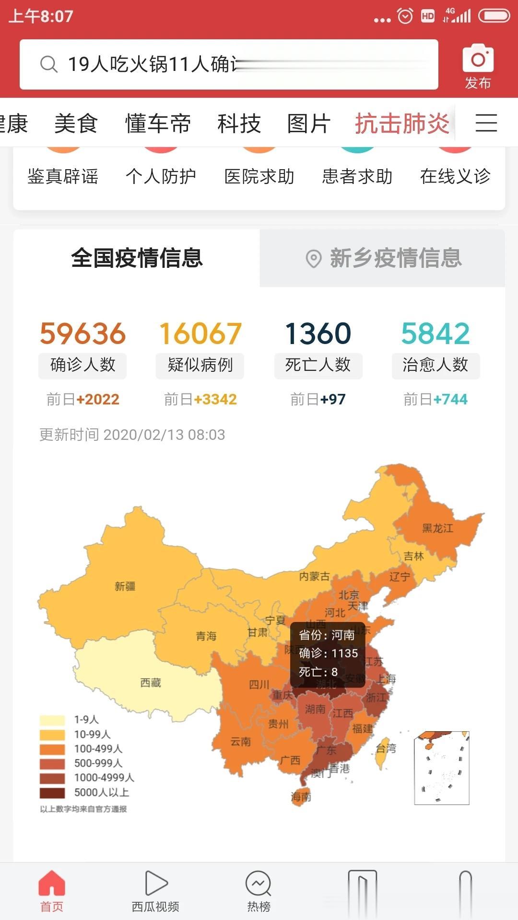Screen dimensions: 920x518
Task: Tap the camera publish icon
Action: tap(478, 58)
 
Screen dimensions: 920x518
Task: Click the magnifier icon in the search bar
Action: tap(48, 64)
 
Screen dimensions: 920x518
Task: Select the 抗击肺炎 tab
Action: tap(402, 124)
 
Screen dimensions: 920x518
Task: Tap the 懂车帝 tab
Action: tap(158, 124)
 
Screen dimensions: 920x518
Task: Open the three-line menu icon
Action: tap(486, 123)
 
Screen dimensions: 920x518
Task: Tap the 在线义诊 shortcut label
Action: tap(455, 176)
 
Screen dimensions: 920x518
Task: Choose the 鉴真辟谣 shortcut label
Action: tap(63, 176)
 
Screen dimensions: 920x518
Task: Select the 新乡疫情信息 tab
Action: tap(383, 258)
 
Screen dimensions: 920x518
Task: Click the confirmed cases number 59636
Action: tap(82, 333)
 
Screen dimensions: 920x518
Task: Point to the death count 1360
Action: tap(318, 333)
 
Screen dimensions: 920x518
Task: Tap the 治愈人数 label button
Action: tap(435, 365)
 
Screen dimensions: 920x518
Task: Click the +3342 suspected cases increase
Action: tap(215, 399)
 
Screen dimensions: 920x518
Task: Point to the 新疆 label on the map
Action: tap(125, 586)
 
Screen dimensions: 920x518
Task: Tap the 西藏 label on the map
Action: tap(150, 682)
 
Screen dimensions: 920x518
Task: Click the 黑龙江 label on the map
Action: tap(437, 528)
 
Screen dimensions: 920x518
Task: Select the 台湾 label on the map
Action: tap(386, 748)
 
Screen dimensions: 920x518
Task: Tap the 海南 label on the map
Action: tap(301, 797)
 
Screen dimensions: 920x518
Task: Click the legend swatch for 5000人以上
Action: tap(52, 793)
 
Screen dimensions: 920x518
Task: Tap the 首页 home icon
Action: tap(51, 883)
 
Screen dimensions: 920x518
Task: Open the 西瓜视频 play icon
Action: tap(155, 883)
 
